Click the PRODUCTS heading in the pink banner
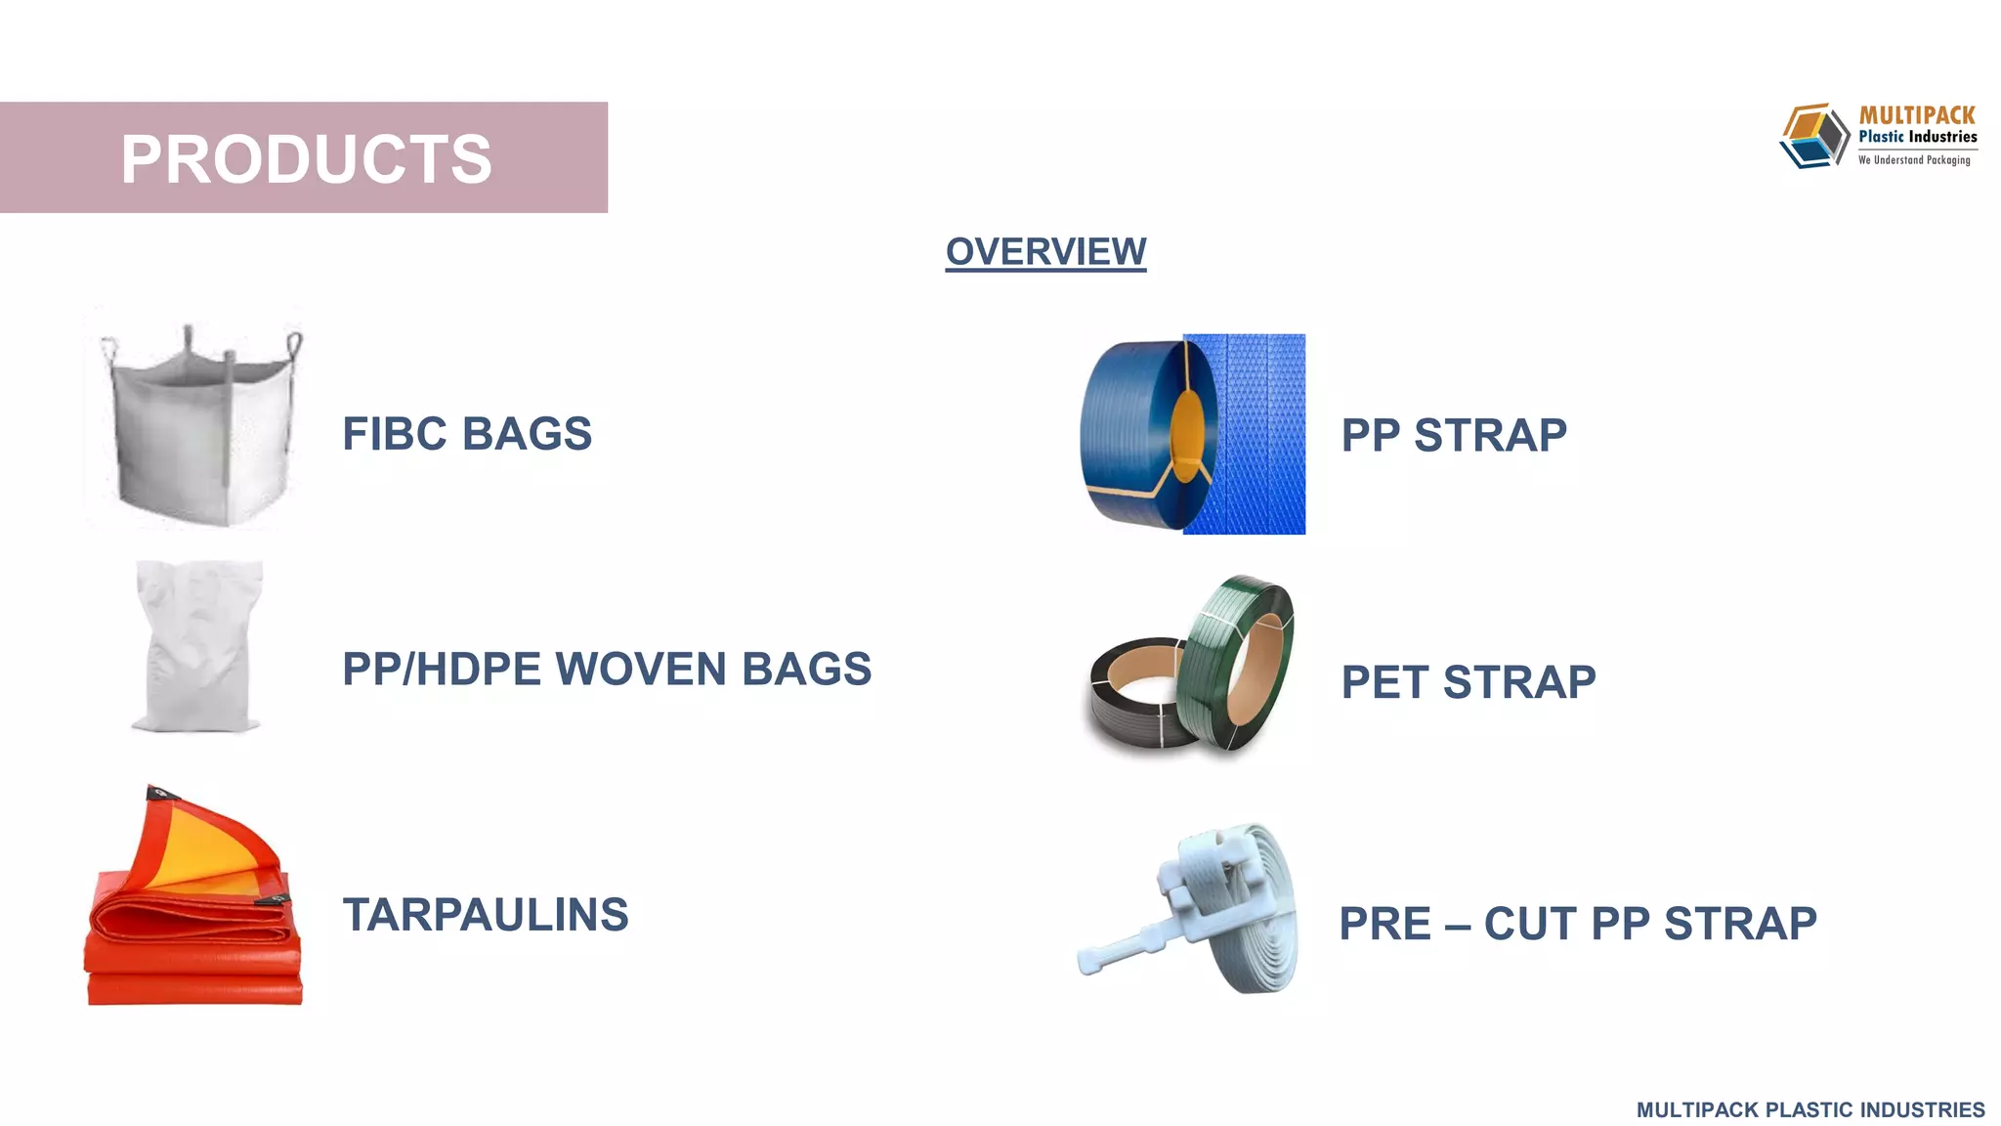click(x=306, y=158)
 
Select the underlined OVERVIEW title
click(x=1045, y=252)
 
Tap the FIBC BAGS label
click(x=467, y=434)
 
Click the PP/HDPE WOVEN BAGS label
click(x=607, y=670)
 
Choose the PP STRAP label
click(x=1454, y=435)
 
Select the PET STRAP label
click(x=1469, y=682)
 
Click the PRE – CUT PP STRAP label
click(x=1578, y=924)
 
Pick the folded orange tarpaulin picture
click(x=195, y=929)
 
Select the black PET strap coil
click(x=1133, y=699)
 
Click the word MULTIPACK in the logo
click(x=1917, y=115)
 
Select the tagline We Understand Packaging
click(x=1914, y=160)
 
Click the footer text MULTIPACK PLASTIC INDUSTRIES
click(x=1810, y=1110)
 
